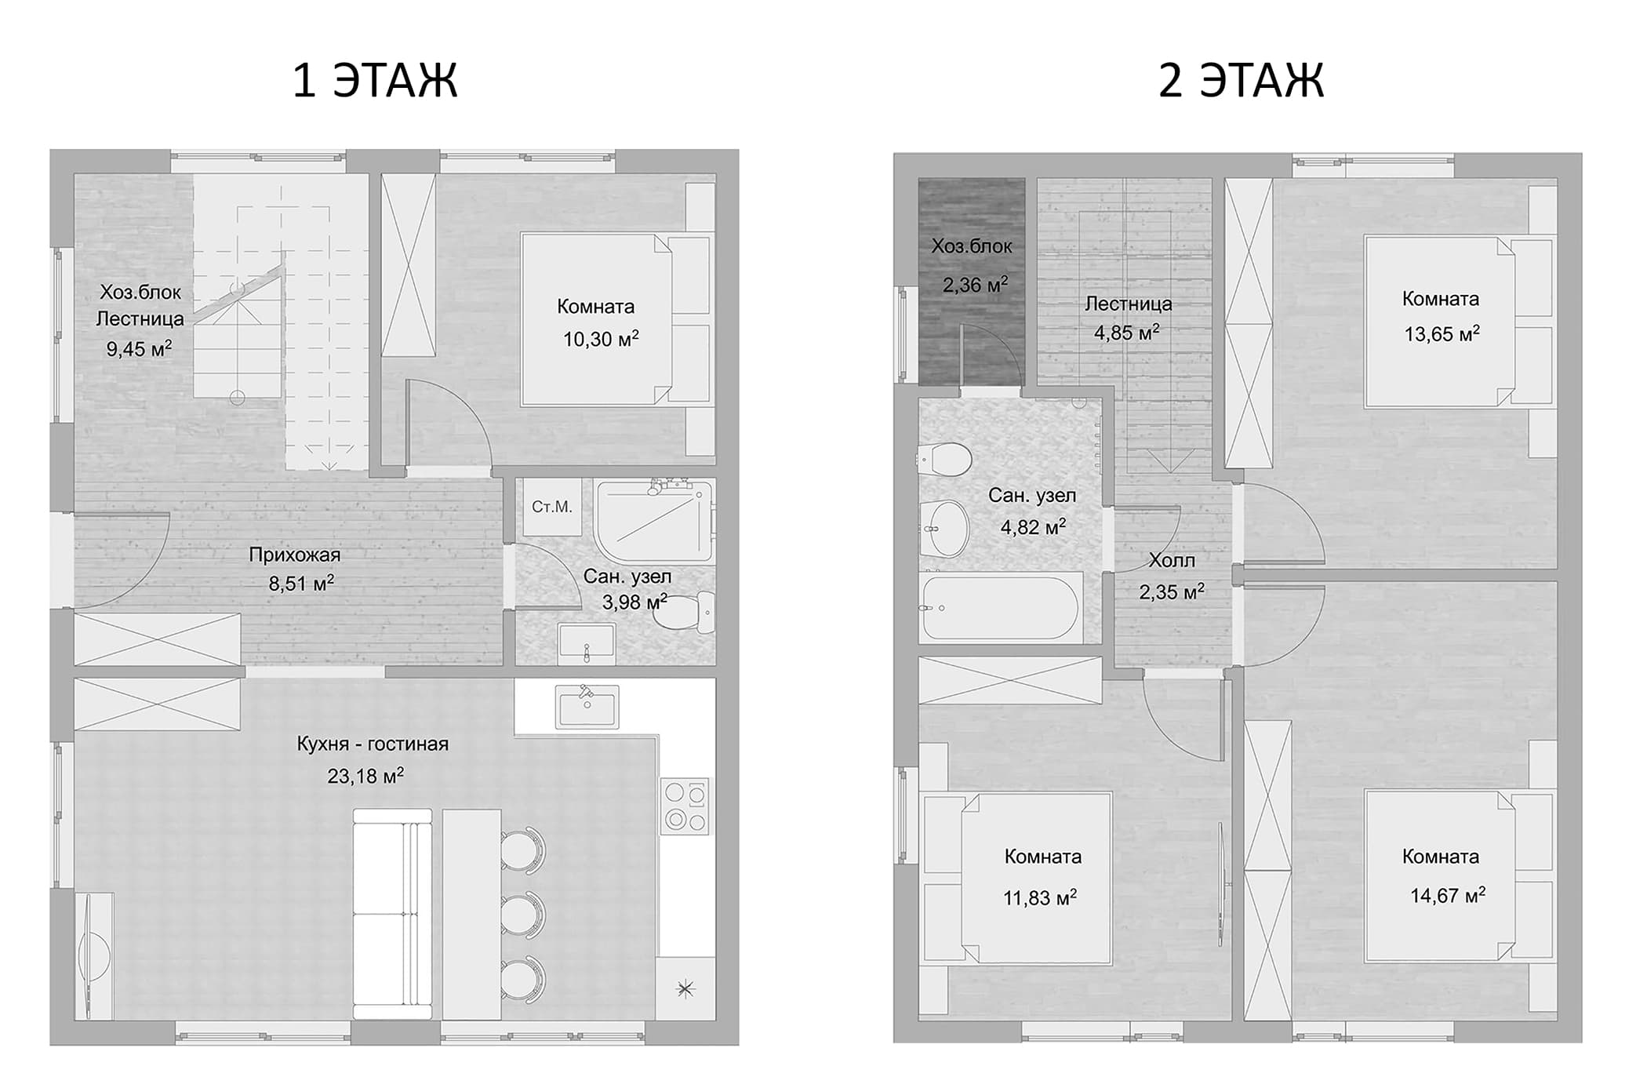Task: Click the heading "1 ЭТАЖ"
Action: [x=374, y=80]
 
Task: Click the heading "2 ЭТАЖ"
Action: [x=1241, y=80]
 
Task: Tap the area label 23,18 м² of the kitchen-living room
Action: [x=365, y=776]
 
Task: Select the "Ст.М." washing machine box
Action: [x=552, y=507]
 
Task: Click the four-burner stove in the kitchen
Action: [x=685, y=806]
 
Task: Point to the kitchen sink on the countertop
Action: [x=587, y=705]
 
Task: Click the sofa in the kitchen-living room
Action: [x=392, y=914]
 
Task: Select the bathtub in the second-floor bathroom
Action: [x=1001, y=608]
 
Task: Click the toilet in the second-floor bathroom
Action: [x=945, y=459]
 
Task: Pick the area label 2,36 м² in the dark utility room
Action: [x=975, y=284]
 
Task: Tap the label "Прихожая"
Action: [x=294, y=555]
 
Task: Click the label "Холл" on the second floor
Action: [x=1172, y=560]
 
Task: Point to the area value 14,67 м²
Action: [x=1448, y=895]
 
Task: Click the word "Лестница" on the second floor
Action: [x=1128, y=304]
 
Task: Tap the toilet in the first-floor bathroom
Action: [x=683, y=612]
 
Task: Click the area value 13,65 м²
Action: [x=1442, y=334]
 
